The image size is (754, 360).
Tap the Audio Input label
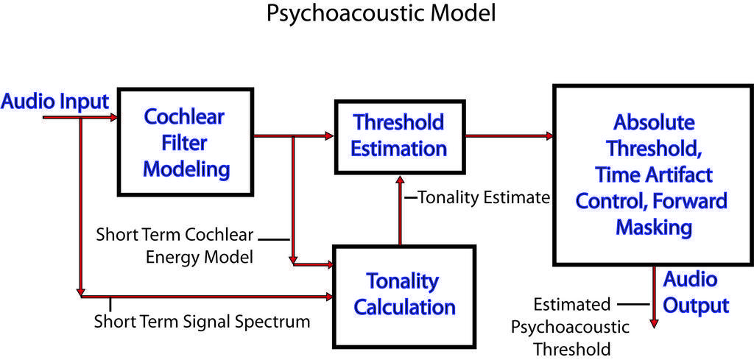[55, 102]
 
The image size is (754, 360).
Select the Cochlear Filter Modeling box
[186, 143]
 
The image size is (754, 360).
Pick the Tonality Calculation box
[404, 294]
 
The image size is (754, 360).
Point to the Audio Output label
[696, 292]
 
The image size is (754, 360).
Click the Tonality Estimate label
[484, 197]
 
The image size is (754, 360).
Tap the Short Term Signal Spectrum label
[202, 322]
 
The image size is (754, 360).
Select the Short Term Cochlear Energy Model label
[175, 246]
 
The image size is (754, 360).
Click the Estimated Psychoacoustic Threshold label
[572, 327]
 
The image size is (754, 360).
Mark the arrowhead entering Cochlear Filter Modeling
[113, 118]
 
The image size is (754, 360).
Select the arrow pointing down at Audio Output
[654, 302]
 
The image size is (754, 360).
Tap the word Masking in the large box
[653, 227]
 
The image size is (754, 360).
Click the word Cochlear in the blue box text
[184, 117]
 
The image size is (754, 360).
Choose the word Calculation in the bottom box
[404, 306]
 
